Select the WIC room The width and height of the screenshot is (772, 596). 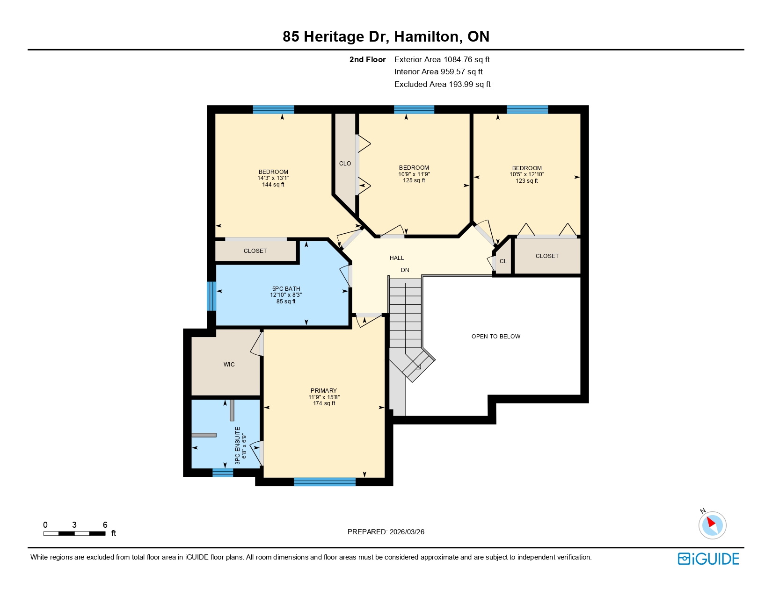[229, 364]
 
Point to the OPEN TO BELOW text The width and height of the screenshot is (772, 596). [495, 336]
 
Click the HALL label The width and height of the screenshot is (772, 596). [396, 258]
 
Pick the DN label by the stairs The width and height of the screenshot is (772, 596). [405, 270]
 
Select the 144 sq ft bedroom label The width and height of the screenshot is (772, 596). [273, 178]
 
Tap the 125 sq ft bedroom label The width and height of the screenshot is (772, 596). [414, 173]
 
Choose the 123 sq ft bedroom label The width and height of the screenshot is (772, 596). [526, 174]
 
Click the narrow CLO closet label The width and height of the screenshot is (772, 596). [345, 163]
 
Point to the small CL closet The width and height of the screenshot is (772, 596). [503, 261]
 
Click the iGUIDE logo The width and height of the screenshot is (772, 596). [708, 559]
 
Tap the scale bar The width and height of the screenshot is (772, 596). [74, 533]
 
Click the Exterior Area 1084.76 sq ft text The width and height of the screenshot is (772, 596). [442, 59]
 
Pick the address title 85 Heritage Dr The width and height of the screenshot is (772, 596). [386, 36]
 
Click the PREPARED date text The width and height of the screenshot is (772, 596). [386, 531]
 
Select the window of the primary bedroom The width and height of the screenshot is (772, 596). [324, 482]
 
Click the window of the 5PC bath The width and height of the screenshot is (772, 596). [211, 296]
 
